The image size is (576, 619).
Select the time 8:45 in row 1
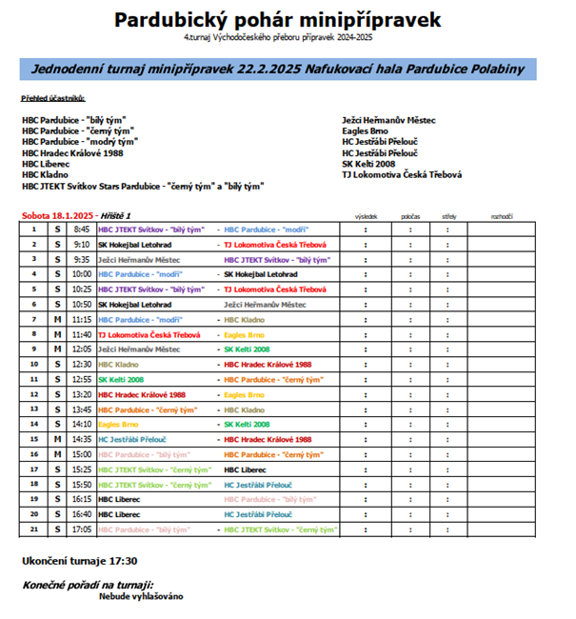82,230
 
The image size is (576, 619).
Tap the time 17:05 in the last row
82,529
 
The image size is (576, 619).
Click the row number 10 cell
33,364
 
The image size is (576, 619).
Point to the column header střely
448,217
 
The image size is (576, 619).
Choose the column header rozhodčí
502,217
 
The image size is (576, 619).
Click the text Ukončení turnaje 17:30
80,560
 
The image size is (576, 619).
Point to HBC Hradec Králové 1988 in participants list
71,152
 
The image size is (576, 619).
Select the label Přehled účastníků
53,98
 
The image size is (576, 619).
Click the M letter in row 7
57,319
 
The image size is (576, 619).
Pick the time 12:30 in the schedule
82,364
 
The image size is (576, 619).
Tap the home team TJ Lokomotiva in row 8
149,334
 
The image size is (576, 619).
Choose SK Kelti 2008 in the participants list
367,164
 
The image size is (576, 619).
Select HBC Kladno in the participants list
44,175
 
